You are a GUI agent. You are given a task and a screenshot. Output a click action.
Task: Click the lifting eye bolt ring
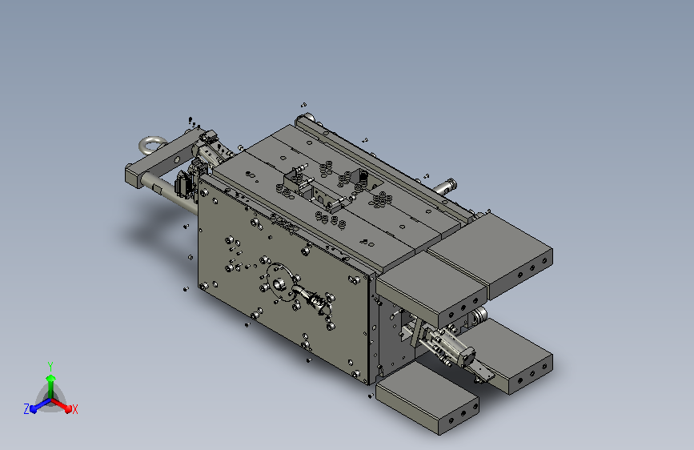pos(146,141)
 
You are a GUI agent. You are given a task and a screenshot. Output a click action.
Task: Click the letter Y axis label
pos(50,367)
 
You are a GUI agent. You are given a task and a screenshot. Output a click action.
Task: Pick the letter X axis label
pos(74,409)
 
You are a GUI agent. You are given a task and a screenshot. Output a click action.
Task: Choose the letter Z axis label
pos(26,409)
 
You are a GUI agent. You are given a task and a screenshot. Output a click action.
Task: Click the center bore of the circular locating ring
pos(278,284)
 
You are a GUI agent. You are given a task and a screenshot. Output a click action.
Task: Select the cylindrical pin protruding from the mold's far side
pos(445,186)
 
